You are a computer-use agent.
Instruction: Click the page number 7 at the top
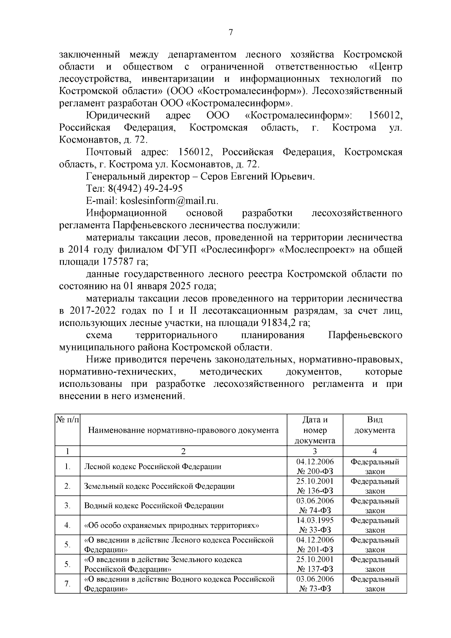tap(231, 33)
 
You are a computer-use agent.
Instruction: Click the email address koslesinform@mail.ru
tap(168, 201)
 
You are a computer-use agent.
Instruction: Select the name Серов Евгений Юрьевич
tap(257, 176)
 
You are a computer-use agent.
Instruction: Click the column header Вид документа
tap(374, 425)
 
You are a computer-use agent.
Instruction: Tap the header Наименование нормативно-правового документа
tap(183, 430)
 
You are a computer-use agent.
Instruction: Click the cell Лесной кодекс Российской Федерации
tap(153, 467)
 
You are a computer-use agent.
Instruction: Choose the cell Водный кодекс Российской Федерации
tap(154, 506)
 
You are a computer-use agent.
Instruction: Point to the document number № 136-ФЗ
tap(315, 491)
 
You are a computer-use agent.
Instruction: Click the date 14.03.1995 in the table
tap(315, 520)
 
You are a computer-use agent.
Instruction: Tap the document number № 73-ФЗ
tap(315, 589)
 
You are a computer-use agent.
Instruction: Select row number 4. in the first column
tap(68, 525)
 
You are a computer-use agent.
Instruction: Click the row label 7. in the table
tap(68, 584)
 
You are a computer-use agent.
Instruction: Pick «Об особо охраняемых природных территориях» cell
tap(172, 525)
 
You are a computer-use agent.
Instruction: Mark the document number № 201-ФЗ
tap(315, 550)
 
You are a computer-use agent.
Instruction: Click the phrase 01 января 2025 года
tap(168, 286)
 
